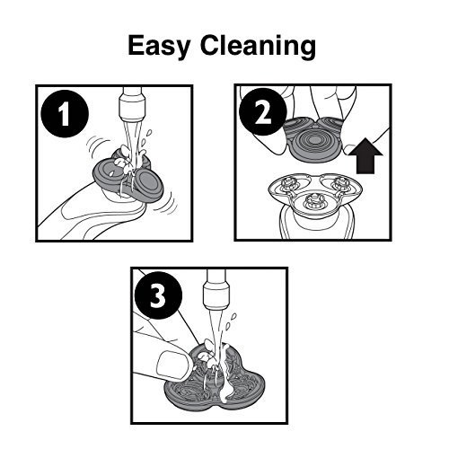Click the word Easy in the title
point(159,47)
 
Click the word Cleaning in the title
point(259,47)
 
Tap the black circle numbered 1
point(65,114)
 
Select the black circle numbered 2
point(263,112)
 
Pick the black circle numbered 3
point(158,295)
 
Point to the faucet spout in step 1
point(132,105)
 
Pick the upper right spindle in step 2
point(340,183)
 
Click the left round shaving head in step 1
point(110,173)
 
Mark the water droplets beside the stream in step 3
point(231,321)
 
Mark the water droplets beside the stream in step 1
point(145,137)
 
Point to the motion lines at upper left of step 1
point(97,145)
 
